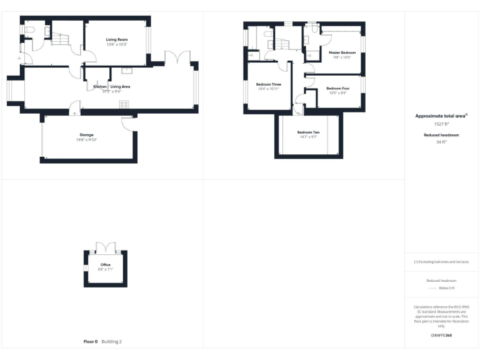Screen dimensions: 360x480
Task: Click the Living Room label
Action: [116, 39]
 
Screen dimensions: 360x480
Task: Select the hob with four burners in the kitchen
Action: [124, 104]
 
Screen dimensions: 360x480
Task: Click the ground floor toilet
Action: [28, 29]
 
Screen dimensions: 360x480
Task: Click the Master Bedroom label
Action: [342, 52]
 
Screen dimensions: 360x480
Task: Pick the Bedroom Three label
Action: [269, 84]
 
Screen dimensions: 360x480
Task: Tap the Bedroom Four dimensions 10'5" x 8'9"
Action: [337, 93]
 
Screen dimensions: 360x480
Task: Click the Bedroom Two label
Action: [308, 132]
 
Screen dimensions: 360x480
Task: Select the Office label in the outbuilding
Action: [105, 265]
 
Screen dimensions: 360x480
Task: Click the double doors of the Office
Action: [105, 247]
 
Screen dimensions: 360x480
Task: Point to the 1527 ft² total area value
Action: [441, 124]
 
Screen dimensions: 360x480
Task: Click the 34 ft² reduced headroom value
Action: [441, 142]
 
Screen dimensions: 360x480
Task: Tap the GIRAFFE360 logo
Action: [441, 336]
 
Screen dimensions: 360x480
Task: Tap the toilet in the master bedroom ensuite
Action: [307, 37]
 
